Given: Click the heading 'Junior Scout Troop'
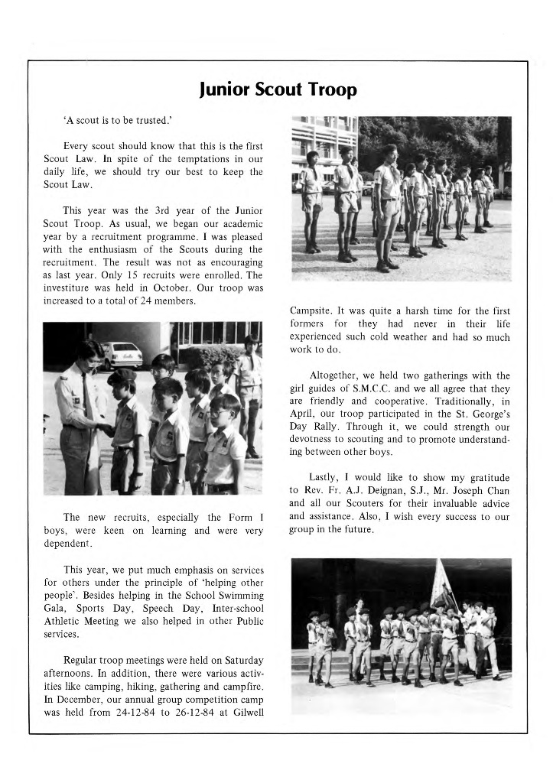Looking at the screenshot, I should [x=277, y=90].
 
